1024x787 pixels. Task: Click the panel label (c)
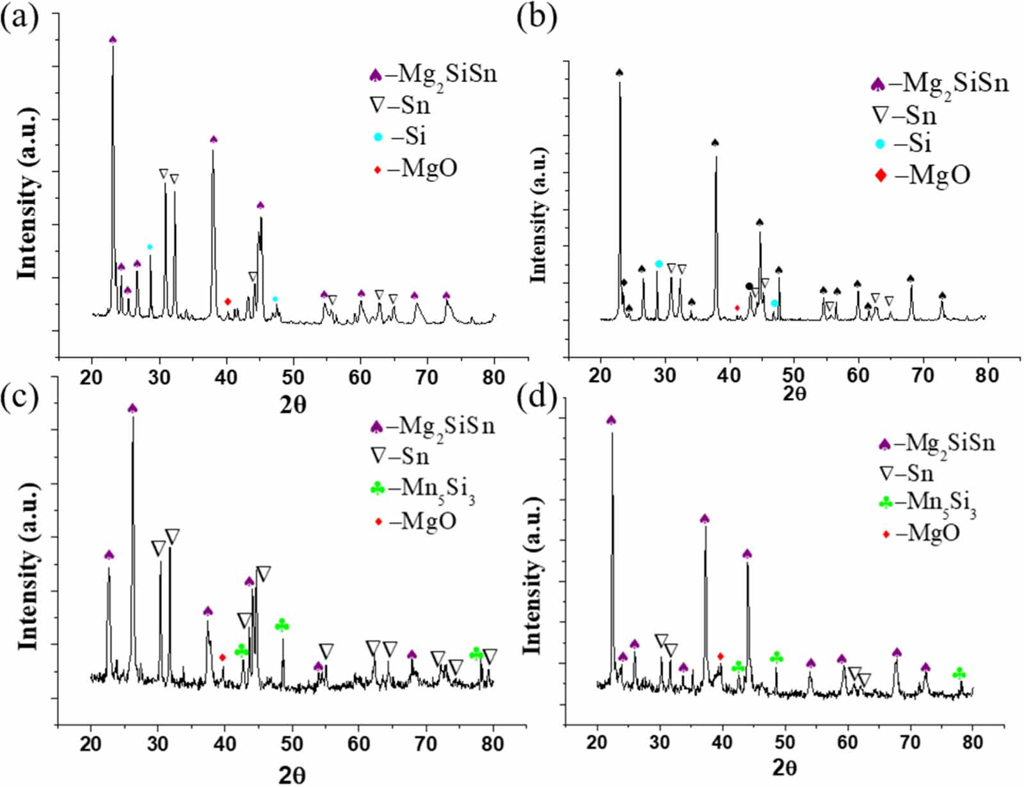pyautogui.click(x=19, y=397)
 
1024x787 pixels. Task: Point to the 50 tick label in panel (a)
pyautogui.click(x=293, y=377)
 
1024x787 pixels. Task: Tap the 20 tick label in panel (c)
pyautogui.click(x=91, y=743)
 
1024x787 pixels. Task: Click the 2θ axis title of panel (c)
pyautogui.click(x=292, y=775)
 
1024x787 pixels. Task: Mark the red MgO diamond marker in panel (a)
pyautogui.click(x=227, y=301)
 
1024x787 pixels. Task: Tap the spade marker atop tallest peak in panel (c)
pyautogui.click(x=132, y=408)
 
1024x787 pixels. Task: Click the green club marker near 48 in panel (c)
pyautogui.click(x=282, y=625)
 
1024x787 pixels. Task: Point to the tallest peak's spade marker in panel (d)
pyautogui.click(x=611, y=420)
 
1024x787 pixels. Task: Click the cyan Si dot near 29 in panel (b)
pyautogui.click(x=659, y=264)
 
